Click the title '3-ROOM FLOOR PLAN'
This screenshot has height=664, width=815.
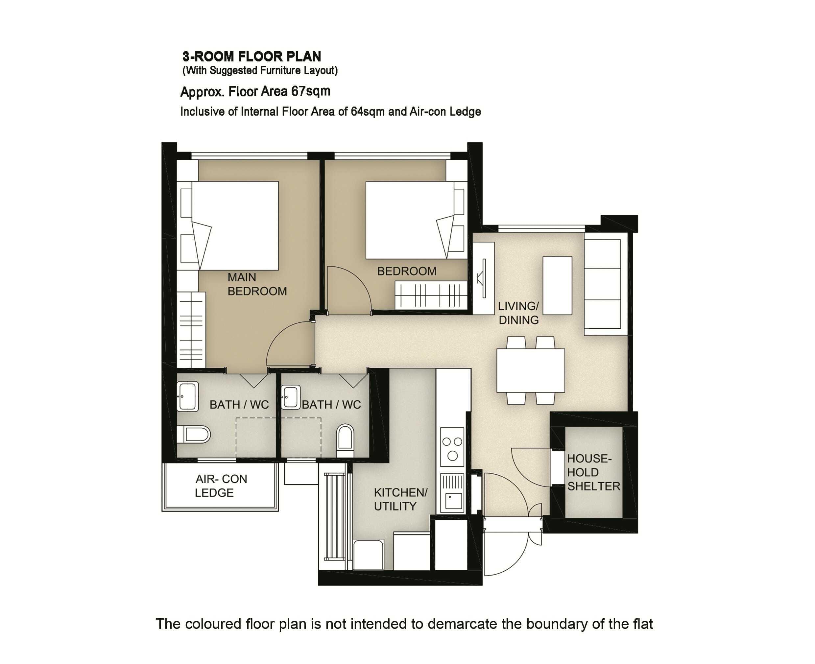[251, 57]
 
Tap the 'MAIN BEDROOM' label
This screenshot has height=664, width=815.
[257, 284]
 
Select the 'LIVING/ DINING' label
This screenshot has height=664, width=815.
[518, 313]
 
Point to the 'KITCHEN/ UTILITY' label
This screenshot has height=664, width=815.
[400, 499]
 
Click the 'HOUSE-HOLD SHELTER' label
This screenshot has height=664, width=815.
[593, 472]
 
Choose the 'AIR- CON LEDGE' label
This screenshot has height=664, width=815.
[221, 486]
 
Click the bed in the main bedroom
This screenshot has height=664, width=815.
[235, 226]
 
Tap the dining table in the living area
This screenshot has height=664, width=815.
[531, 370]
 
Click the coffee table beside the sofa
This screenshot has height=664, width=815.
[557, 286]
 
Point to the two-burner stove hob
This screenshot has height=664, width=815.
[452, 447]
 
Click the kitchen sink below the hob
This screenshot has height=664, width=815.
[452, 493]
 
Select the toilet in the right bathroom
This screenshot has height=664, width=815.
[345, 440]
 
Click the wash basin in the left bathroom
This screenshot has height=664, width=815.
[187, 396]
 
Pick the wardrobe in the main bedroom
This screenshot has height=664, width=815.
[191, 330]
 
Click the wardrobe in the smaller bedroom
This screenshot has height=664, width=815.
[431, 295]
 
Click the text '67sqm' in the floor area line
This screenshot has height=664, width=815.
[311, 91]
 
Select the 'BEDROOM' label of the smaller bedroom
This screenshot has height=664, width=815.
[407, 271]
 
